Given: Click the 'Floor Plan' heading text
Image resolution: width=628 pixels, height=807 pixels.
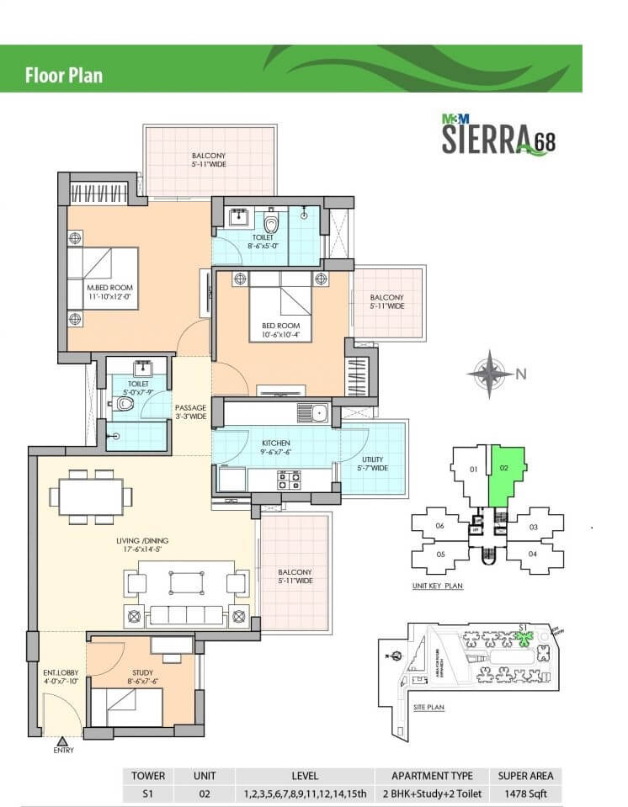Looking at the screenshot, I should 63,75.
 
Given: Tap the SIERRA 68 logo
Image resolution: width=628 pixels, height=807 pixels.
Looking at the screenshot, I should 498,136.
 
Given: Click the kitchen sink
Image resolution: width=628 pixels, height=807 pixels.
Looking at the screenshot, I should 318,413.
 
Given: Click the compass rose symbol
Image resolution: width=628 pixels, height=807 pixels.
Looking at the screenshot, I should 490,373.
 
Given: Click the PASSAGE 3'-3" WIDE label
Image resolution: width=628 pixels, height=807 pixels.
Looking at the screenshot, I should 191,412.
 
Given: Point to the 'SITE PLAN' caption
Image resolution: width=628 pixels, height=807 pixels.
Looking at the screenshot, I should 429,708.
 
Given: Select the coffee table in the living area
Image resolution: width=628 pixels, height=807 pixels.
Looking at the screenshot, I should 187,582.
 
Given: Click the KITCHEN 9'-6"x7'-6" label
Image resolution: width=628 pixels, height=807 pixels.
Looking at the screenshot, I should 274,447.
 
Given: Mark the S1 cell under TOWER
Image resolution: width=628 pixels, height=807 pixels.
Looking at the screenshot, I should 147,794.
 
